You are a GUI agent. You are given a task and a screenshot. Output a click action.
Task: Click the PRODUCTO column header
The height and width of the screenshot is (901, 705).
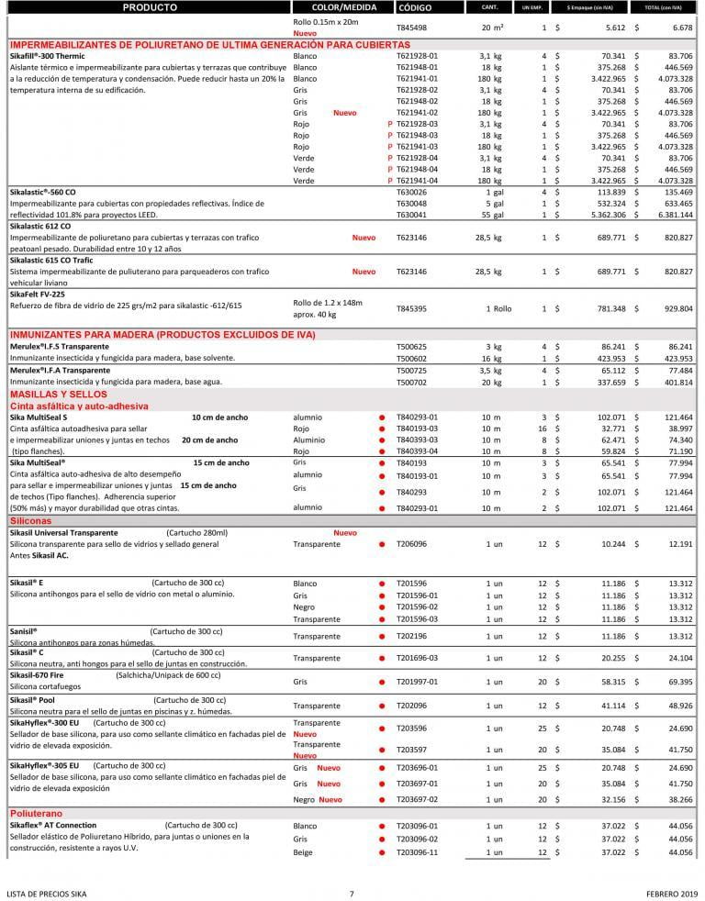[x=149, y=7]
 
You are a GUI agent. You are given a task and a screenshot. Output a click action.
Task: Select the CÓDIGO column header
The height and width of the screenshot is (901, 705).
[x=415, y=7]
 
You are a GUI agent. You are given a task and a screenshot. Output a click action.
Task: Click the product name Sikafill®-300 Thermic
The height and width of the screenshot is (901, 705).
[x=47, y=56]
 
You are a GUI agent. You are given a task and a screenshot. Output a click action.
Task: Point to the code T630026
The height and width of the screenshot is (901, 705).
[x=412, y=193]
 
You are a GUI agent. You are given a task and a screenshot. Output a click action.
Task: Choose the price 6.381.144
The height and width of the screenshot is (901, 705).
[x=674, y=215]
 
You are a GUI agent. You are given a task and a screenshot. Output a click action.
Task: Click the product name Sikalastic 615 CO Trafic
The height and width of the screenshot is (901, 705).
[x=52, y=260]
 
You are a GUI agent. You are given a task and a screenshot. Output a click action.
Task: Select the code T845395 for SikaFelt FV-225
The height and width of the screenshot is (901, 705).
[x=412, y=309]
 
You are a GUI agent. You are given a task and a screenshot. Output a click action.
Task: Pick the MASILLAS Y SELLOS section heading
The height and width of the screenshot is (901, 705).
[x=59, y=394]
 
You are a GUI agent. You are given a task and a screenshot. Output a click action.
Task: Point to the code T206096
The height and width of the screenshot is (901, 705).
[x=412, y=544]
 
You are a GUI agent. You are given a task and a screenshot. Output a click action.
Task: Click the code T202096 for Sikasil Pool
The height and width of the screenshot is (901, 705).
[x=412, y=706]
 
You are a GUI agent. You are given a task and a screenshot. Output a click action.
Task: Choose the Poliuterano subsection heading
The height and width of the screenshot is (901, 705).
[x=36, y=814]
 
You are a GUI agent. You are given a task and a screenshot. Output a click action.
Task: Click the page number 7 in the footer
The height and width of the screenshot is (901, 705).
[x=352, y=893]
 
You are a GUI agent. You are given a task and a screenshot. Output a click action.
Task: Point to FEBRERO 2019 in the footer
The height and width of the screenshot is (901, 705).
[x=666, y=893]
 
